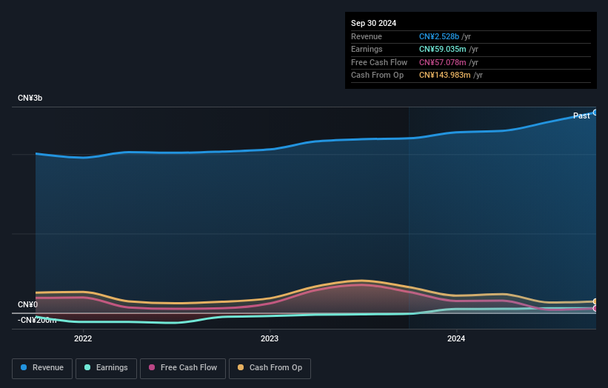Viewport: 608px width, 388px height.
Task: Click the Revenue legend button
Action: click(42, 367)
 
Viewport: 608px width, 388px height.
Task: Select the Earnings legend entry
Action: click(106, 367)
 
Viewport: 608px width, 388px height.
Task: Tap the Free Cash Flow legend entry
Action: click(183, 367)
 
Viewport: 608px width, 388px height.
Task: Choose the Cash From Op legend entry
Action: click(270, 367)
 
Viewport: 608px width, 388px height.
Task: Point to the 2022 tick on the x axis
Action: click(83, 339)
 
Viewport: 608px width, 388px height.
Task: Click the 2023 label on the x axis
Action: click(270, 339)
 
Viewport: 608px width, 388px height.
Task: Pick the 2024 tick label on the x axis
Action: click(456, 339)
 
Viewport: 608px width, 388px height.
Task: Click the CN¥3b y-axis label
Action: click(30, 98)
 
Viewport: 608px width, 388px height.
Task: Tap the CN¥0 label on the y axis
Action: click(27, 305)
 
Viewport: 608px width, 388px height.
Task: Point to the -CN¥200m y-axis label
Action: click(37, 320)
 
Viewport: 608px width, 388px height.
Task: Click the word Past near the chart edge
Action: click(581, 116)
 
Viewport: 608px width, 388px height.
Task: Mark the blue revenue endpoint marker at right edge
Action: click(595, 113)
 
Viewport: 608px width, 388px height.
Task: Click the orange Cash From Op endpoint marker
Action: click(595, 302)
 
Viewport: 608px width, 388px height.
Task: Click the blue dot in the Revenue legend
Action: click(24, 367)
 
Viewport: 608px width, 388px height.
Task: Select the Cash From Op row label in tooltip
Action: click(377, 76)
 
